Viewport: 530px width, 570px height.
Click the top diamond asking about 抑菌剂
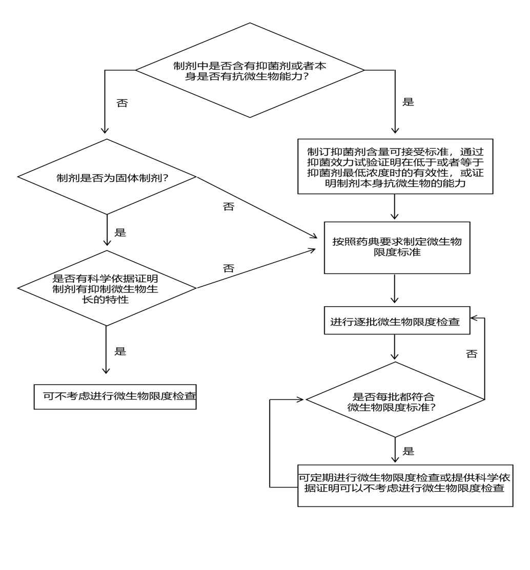250,70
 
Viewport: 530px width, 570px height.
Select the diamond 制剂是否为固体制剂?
107,177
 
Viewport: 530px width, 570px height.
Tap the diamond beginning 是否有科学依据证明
106,288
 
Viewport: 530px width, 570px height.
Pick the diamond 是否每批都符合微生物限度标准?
395,399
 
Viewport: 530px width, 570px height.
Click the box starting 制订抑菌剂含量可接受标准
395,166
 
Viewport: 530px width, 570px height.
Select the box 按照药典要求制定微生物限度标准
397,247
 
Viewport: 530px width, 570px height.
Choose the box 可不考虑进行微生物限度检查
115,396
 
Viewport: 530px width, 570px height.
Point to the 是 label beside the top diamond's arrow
408,102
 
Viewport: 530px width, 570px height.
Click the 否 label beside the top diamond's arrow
122,103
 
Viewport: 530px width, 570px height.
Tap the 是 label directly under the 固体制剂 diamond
120,233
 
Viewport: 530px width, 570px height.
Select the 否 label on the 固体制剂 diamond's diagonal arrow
228,207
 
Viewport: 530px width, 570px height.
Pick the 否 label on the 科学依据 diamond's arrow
229,268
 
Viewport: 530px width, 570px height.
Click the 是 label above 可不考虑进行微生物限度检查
120,351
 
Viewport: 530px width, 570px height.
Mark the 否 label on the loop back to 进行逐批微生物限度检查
472,354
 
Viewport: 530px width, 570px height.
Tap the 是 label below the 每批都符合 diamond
409,451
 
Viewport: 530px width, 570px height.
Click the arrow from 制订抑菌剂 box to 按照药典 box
395,207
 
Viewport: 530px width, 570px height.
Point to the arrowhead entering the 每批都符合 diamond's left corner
301,399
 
